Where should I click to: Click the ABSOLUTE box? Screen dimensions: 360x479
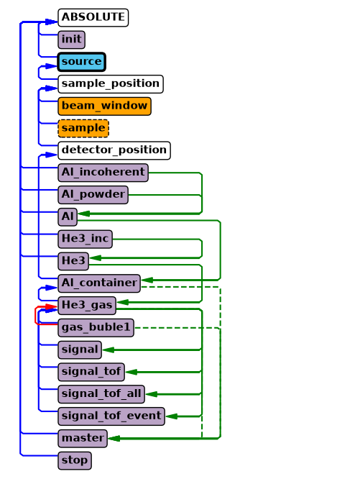tap(93, 17)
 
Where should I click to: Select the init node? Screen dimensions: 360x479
tap(71, 40)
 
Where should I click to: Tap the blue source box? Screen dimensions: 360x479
tap(81, 62)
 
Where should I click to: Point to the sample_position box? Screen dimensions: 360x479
tap(111, 84)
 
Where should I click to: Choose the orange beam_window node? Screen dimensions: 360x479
tap(104, 106)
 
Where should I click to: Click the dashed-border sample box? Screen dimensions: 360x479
tap(83, 128)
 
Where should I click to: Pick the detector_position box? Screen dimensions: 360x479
tap(114, 150)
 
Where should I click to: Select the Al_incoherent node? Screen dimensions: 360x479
tap(103, 173)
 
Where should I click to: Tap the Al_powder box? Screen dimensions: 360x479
tap(93, 195)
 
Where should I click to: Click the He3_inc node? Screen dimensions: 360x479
tap(85, 240)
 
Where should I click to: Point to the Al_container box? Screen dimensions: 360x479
tap(99, 283)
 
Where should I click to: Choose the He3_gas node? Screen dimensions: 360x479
tap(87, 306)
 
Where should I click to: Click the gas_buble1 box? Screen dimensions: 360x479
tap(96, 328)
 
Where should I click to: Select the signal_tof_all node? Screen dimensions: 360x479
tap(101, 394)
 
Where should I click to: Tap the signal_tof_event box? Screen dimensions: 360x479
tap(111, 416)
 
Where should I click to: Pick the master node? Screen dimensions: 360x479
tap(83, 439)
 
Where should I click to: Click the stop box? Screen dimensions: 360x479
tap(75, 461)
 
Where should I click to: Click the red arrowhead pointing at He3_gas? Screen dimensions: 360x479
tap(52, 306)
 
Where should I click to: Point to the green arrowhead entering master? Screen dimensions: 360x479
tap(114, 439)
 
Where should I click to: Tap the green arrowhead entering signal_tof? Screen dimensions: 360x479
tap(131, 372)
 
